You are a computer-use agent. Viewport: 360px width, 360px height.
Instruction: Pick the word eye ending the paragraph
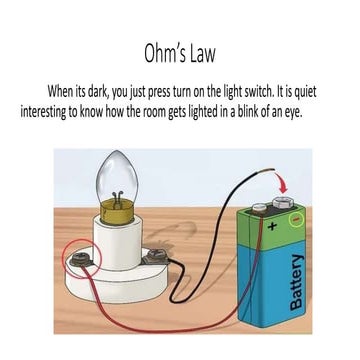pos(319,110)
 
